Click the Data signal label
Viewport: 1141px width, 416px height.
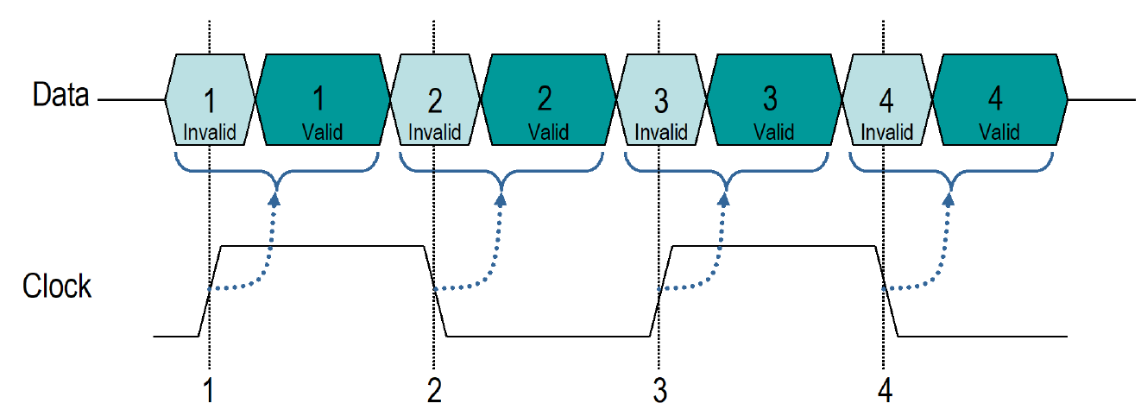click(60, 95)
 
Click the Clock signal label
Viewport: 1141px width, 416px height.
click(57, 286)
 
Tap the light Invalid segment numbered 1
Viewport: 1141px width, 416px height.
click(210, 101)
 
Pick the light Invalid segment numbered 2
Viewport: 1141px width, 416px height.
click(435, 101)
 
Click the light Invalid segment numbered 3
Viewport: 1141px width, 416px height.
click(661, 101)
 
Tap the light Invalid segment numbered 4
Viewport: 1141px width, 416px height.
click(887, 101)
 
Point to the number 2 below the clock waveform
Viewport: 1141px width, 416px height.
click(434, 391)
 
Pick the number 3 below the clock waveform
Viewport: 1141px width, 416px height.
click(660, 391)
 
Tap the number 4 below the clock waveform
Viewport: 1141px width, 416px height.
click(885, 391)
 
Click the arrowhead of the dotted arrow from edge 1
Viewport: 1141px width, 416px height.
click(274, 199)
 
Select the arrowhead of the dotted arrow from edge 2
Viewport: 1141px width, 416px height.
click(500, 199)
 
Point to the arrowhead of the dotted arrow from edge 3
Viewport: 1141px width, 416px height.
click(725, 199)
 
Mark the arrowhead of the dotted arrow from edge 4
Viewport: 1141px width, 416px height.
click(949, 199)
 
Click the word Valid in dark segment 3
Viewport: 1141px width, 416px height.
click(773, 132)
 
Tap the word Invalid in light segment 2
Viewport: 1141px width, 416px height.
click(435, 132)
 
